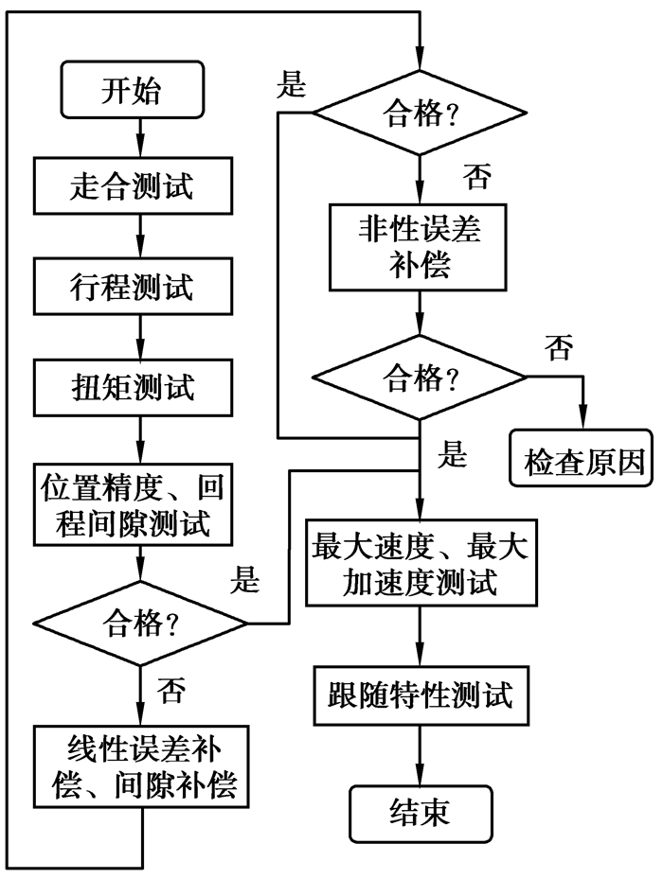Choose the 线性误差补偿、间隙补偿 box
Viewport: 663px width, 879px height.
click(x=141, y=767)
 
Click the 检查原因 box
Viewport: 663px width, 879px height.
click(x=582, y=461)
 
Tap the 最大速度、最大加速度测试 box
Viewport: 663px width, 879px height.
click(x=418, y=564)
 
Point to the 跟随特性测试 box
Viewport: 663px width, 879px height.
click(x=418, y=697)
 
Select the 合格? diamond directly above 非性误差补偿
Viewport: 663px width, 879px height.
click(x=418, y=115)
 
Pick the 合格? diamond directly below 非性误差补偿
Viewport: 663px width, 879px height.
click(x=418, y=378)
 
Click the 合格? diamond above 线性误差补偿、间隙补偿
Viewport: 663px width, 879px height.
click(x=141, y=624)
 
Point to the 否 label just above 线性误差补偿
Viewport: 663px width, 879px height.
click(x=170, y=687)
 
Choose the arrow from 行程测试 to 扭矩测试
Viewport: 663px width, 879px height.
click(x=141, y=335)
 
